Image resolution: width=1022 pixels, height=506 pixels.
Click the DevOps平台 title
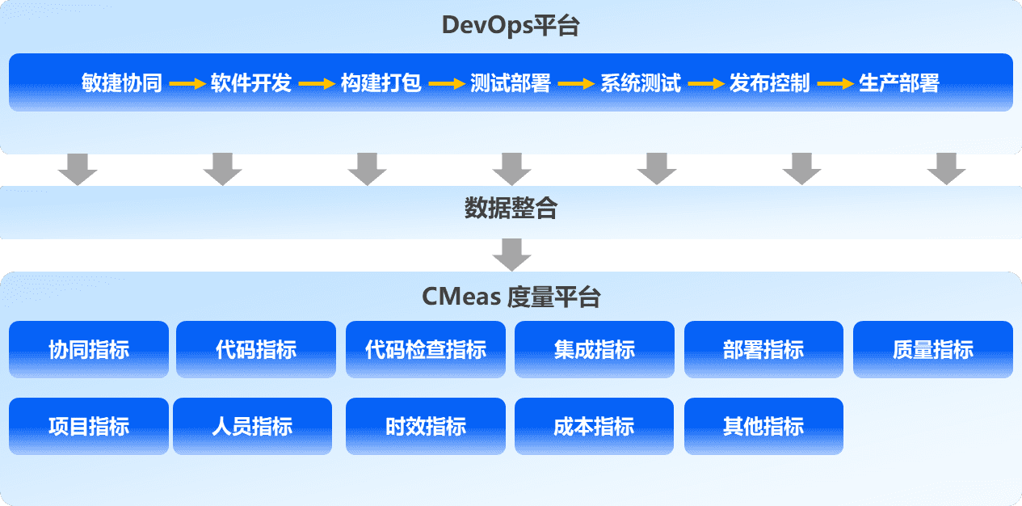click(x=511, y=25)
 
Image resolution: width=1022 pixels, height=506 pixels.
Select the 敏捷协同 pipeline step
click(x=122, y=83)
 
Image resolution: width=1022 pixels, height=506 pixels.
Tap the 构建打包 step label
click(x=381, y=83)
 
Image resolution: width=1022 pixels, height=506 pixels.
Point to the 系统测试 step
click(x=641, y=83)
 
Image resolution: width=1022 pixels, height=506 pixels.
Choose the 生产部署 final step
click(x=899, y=83)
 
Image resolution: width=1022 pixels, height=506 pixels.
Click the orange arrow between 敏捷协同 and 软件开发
click(x=187, y=83)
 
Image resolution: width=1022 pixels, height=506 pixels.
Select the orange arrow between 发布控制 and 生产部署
click(x=835, y=83)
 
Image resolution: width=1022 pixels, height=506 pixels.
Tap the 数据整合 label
click(x=511, y=209)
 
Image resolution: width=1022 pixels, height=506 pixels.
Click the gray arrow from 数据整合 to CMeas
click(x=511, y=255)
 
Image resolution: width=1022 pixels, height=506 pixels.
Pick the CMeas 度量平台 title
click(x=511, y=297)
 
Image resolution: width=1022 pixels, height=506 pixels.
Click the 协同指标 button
click(x=89, y=349)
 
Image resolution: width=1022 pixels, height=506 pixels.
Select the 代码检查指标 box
click(x=426, y=349)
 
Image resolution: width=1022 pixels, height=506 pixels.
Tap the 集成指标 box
click(x=595, y=349)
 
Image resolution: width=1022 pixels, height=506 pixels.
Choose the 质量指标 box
click(x=933, y=349)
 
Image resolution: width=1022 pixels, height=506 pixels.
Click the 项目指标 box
click(x=89, y=426)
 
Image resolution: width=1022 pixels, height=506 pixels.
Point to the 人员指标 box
click(x=252, y=426)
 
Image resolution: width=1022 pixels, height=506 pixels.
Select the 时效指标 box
click(x=426, y=426)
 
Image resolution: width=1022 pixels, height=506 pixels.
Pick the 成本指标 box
click(x=595, y=426)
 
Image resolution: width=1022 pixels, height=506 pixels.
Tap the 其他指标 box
click(x=763, y=426)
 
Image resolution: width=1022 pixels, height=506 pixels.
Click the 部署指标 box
click(x=763, y=349)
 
